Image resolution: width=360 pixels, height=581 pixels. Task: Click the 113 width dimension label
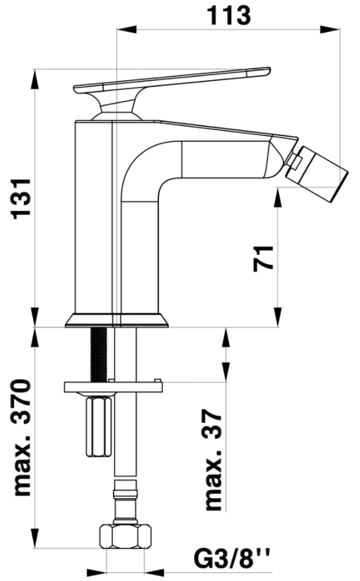point(228,15)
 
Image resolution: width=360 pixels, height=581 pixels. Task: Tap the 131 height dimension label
point(21,199)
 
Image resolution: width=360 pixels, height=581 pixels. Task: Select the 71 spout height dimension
point(263,258)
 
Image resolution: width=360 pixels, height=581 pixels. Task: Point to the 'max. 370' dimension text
point(21,437)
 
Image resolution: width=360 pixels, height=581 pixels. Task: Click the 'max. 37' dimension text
point(215,460)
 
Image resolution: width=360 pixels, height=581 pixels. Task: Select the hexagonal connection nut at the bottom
point(126,535)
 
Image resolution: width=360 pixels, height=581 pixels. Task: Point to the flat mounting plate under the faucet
point(114,386)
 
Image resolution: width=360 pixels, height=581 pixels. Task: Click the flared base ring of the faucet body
point(117,321)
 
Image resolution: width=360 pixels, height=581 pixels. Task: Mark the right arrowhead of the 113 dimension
point(330,30)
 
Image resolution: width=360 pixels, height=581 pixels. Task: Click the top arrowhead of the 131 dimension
point(35,78)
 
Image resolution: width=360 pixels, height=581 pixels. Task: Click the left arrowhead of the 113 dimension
point(127,30)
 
